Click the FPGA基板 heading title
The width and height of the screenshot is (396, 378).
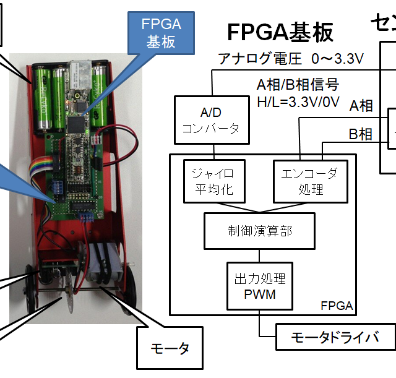[x=280, y=32]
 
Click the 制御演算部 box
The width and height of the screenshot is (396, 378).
[x=259, y=231]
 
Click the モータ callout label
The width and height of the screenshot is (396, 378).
[x=170, y=348]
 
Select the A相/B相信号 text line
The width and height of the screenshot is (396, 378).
[x=298, y=84]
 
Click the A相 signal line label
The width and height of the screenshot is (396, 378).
[x=361, y=106]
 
